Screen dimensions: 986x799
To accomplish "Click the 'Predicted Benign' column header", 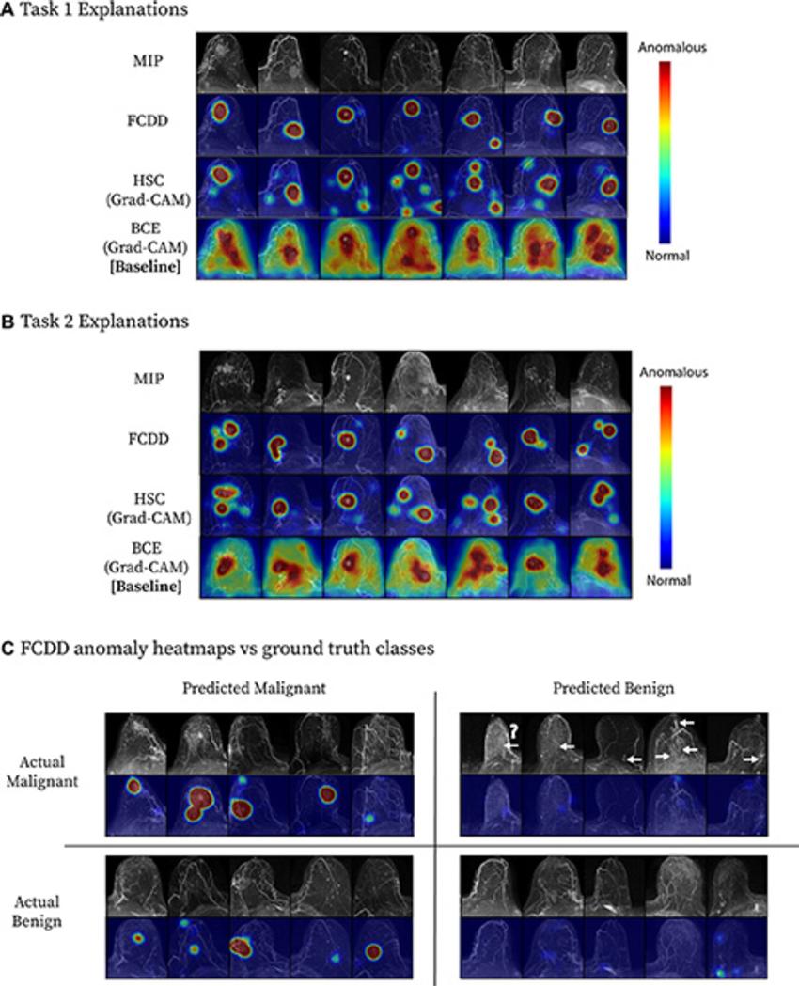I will point(615,688).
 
